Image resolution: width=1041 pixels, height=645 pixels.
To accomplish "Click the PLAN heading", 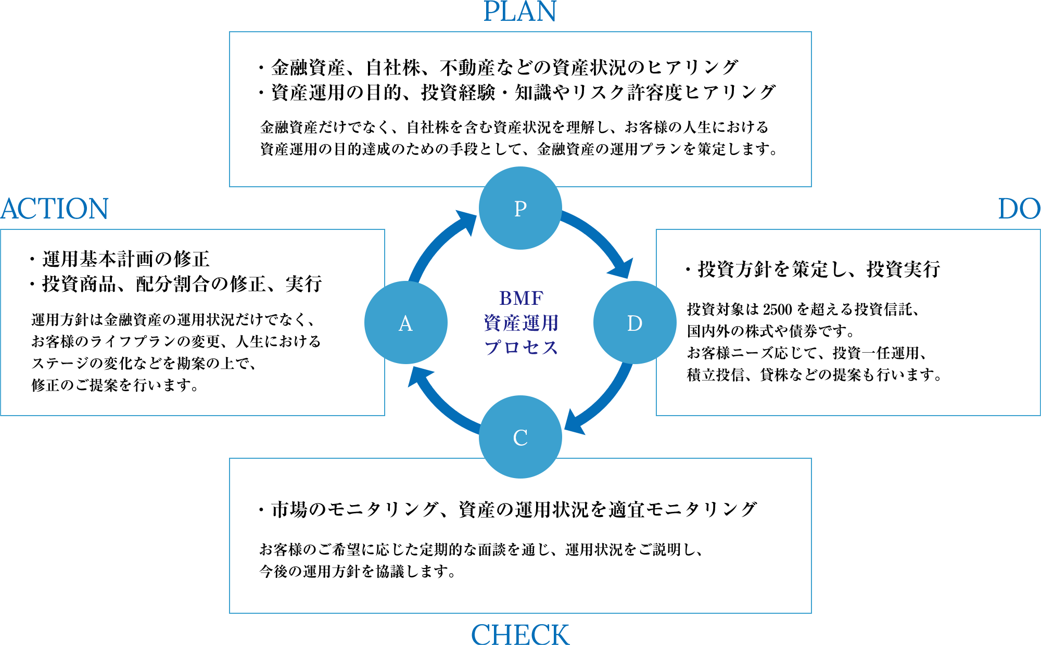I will click(520, 11).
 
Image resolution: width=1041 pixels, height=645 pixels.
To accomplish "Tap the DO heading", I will click(1019, 209).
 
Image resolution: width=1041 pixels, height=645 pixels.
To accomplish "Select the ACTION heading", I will click(55, 209).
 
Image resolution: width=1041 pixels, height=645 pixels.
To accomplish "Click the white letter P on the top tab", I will click(520, 209).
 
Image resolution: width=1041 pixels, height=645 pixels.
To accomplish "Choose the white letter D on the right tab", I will click(634, 324).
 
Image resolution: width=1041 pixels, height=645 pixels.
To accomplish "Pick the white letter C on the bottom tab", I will click(520, 438).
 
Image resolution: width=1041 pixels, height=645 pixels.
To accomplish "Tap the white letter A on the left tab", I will click(405, 324).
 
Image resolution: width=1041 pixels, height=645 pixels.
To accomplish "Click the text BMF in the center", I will click(521, 298).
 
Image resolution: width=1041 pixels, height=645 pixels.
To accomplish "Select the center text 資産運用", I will click(521, 323).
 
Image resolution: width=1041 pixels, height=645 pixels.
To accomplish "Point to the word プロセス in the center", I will click(521, 347).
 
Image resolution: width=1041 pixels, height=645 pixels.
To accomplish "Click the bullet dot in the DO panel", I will click(688, 270).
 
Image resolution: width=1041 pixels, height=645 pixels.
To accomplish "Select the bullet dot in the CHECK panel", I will click(261, 509).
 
